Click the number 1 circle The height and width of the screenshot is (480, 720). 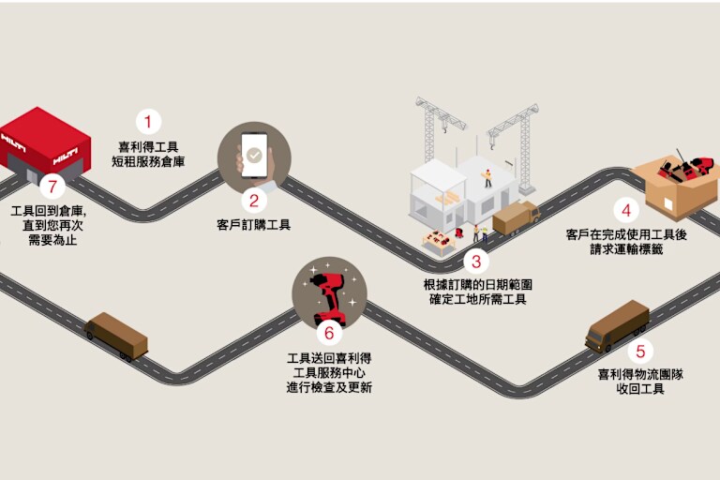coord(148,122)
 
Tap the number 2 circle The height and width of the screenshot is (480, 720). coord(254,201)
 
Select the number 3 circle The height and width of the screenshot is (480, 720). coord(476,262)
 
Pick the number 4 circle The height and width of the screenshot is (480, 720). coord(626,210)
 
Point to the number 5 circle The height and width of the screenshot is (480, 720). coord(640,352)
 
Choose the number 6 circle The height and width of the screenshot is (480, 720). coord(329,333)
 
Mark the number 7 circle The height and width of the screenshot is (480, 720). coord(52,187)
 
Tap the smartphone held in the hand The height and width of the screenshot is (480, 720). coord(254,156)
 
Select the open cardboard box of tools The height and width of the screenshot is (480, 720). coord(675,184)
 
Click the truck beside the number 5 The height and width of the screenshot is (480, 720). coord(617,326)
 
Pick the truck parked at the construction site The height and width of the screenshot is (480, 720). coord(517,218)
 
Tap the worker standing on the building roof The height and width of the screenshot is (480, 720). coord(487,178)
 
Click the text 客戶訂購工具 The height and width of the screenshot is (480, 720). coord(253,225)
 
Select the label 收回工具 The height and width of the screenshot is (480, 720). coord(640,389)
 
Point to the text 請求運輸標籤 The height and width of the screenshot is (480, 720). coord(626,249)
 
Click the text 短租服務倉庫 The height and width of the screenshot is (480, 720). coord(148,161)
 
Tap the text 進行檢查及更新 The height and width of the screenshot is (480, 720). coord(329,388)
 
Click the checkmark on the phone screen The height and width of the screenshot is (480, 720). coord(254,156)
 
